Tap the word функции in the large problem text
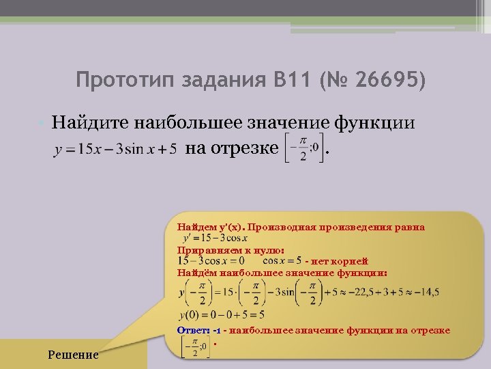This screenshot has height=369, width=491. pyautogui.click(x=374, y=123)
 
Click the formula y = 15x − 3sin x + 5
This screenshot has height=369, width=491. pyautogui.click(x=115, y=148)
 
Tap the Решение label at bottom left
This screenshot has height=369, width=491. pyautogui.click(x=74, y=355)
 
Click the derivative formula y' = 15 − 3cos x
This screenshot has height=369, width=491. pyautogui.click(x=215, y=238)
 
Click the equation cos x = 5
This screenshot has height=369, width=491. pyautogui.click(x=282, y=260)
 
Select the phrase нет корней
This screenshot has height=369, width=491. pyautogui.click(x=340, y=261)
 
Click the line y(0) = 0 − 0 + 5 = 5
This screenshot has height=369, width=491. pyautogui.click(x=221, y=315)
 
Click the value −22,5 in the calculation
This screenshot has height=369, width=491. pyautogui.click(x=360, y=292)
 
